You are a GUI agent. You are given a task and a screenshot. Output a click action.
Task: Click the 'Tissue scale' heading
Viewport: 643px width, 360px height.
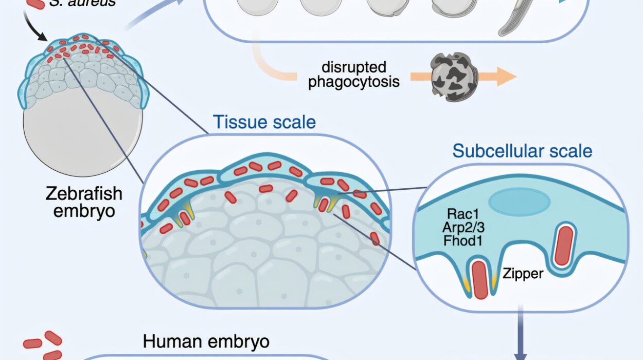(x=264, y=122)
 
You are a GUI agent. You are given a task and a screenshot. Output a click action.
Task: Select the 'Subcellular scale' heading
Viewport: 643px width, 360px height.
(x=522, y=151)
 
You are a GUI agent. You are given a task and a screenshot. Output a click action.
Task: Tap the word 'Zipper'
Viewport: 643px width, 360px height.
(x=523, y=273)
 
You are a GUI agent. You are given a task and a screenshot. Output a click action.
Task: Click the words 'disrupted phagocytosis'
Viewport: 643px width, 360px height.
(x=354, y=75)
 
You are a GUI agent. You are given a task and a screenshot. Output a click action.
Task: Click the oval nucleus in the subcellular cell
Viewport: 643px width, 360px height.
(x=512, y=202)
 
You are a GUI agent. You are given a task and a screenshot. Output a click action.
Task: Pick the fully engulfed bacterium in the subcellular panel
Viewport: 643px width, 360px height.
(x=563, y=246)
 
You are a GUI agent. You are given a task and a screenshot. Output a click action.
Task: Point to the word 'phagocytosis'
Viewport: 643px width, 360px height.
(x=354, y=82)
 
